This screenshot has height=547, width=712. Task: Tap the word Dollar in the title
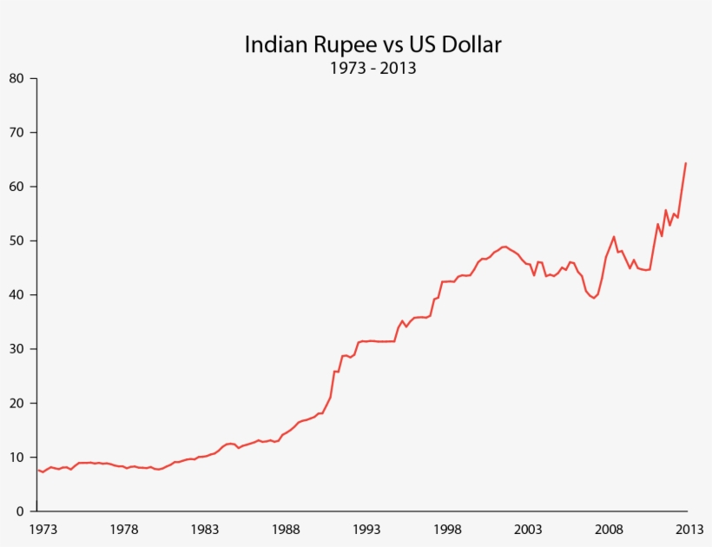click(470, 45)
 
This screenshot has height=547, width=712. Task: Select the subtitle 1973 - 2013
click(372, 68)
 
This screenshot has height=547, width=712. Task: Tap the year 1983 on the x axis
click(205, 529)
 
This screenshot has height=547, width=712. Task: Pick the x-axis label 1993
click(366, 529)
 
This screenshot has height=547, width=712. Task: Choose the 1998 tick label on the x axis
click(447, 529)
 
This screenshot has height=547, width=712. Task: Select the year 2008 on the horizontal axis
click(609, 529)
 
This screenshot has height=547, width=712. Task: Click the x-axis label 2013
click(689, 529)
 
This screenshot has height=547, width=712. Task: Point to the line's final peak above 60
click(686, 163)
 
